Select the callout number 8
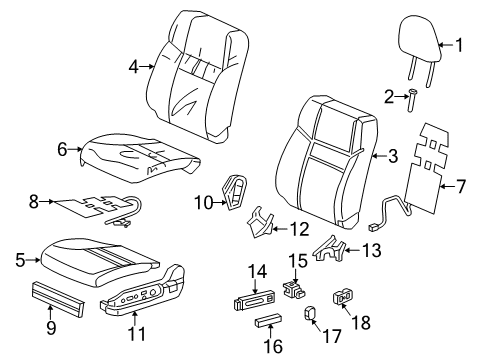34,201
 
